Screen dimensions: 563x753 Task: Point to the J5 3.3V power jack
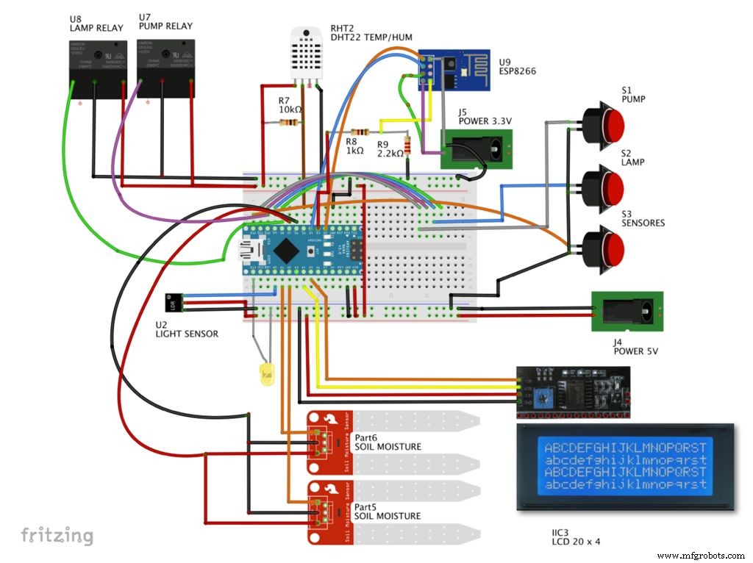(x=476, y=149)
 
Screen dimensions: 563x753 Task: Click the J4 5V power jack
(x=627, y=312)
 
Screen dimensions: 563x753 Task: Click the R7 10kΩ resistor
(x=293, y=123)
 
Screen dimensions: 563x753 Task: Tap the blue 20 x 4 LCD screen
(x=624, y=466)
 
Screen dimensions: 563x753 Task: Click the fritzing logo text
(x=57, y=535)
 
